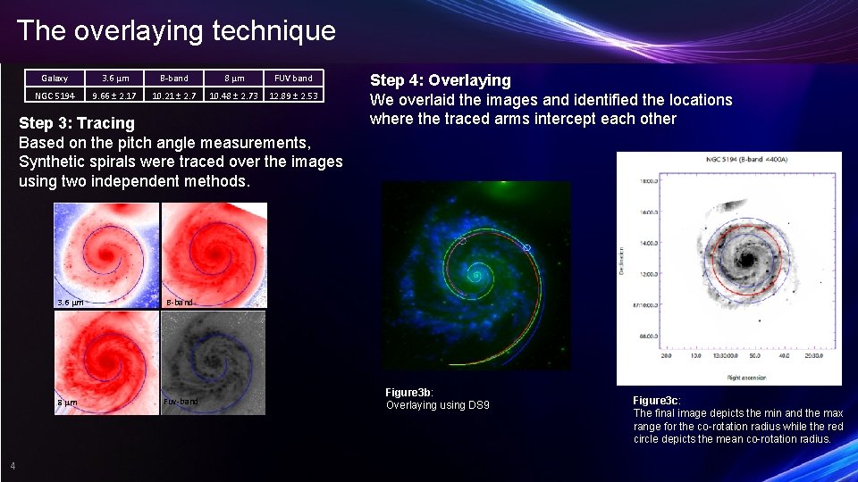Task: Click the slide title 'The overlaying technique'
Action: click(176, 31)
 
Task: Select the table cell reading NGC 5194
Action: click(55, 96)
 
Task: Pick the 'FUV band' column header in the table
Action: click(293, 79)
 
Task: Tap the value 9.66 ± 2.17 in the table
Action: click(114, 96)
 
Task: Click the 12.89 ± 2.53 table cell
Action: click(293, 96)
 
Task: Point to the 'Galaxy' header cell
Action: click(55, 79)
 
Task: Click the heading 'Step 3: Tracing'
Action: click(77, 123)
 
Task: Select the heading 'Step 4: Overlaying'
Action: click(440, 80)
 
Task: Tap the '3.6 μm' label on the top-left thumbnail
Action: click(71, 303)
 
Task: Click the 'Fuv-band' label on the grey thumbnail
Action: click(181, 402)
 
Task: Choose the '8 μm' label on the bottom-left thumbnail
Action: click(67, 403)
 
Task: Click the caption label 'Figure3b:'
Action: click(409, 393)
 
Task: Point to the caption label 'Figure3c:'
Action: click(657, 401)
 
